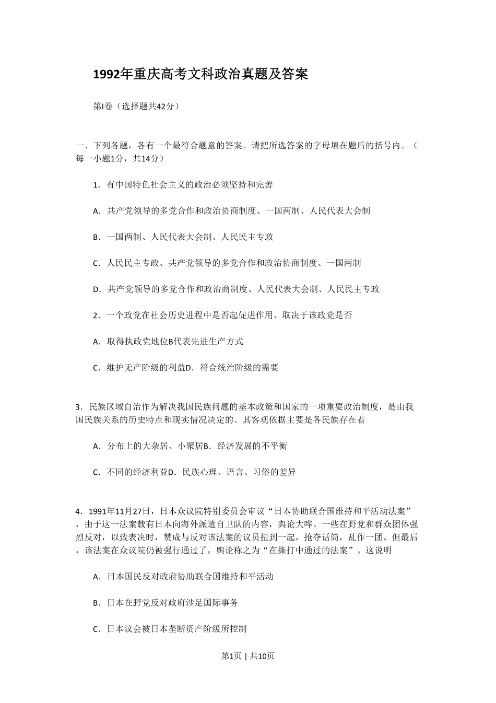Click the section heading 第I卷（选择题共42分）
pos(136,106)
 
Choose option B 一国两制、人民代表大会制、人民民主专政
pos(183,237)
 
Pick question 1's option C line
pos(227,263)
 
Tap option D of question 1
pos(236,289)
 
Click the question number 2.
pos(96,315)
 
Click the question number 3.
pos(78,407)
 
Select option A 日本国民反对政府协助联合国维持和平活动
pos(183,577)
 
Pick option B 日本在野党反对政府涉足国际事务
pos(166,603)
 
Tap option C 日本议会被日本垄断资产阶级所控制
pos(170,629)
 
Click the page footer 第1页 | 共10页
pos(248,656)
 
